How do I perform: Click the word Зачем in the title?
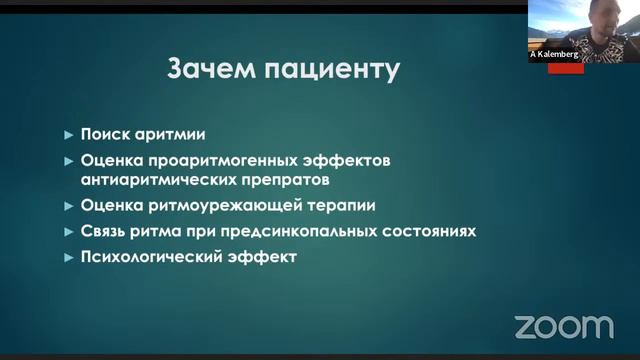pyautogui.click(x=206, y=71)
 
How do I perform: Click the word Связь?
pyautogui.click(x=104, y=231)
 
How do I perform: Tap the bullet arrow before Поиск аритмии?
pyautogui.click(x=68, y=135)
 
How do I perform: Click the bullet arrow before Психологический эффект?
pyautogui.click(x=68, y=258)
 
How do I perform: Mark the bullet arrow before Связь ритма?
pyautogui.click(x=68, y=232)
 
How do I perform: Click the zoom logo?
pyautogui.click(x=564, y=326)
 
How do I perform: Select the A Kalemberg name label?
pyautogui.click(x=555, y=56)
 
